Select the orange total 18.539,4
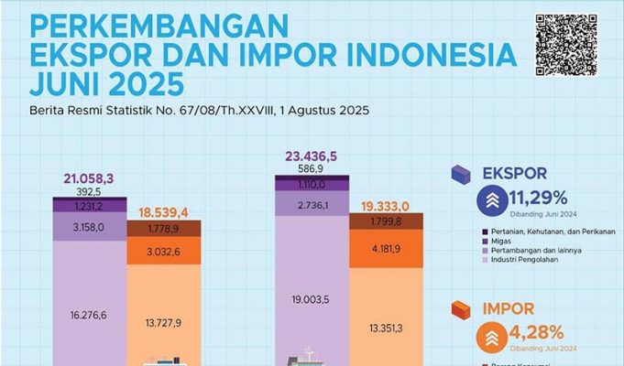point(163,212)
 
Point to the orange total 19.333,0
point(385,207)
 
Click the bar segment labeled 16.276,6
point(89,313)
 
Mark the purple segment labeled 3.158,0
point(89,227)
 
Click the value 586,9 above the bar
point(312,169)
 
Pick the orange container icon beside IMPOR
point(461,311)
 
